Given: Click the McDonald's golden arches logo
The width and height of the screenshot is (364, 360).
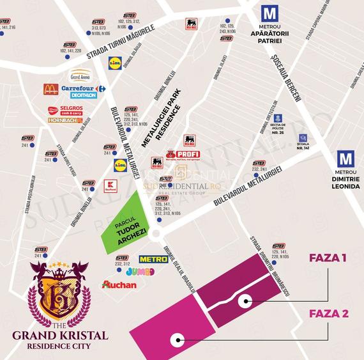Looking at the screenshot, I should [50, 89].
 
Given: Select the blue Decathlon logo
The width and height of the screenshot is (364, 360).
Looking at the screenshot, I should [79, 95].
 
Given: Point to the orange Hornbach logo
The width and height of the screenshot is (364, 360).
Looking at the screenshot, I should [65, 120].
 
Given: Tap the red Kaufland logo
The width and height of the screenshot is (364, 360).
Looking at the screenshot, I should [110, 185].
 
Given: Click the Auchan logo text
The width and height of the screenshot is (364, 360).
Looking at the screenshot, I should [119, 284].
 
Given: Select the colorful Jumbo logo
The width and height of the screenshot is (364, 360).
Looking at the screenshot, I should [140, 271].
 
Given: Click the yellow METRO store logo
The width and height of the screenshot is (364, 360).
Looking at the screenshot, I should [153, 259].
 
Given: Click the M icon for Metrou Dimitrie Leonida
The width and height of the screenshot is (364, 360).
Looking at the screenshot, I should [345, 159].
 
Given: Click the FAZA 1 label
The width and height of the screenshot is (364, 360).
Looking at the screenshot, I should [328, 258].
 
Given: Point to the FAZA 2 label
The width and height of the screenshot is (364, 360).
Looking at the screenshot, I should [328, 313].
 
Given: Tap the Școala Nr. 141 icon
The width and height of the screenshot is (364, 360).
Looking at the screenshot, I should [303, 137].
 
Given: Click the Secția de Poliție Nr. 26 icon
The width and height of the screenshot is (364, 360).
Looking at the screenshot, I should [278, 118].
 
